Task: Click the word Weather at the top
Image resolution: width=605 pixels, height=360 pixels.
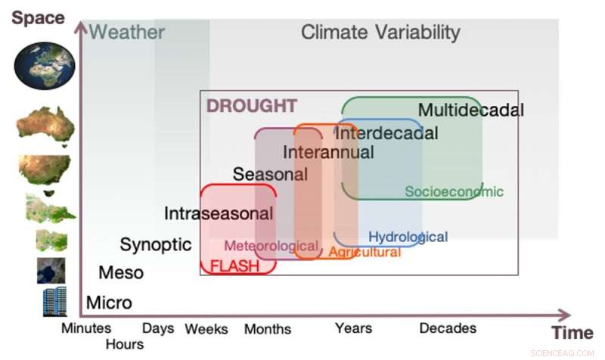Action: (127, 32)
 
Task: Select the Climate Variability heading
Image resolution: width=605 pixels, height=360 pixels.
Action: (380, 32)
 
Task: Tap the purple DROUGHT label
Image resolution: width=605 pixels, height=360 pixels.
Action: (252, 106)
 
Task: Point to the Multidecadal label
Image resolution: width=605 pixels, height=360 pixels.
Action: (470, 110)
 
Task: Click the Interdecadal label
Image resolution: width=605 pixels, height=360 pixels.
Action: (386, 133)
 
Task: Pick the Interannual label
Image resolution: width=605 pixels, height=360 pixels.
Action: (328, 152)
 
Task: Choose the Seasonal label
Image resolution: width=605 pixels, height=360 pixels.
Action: (270, 174)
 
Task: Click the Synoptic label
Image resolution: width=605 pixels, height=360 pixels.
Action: (156, 244)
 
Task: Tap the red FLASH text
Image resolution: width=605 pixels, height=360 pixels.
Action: (234, 266)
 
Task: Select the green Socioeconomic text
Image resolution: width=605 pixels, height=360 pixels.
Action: (454, 191)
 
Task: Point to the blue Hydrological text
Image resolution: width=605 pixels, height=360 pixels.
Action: (408, 237)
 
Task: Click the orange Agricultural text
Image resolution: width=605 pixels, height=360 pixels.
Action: (365, 252)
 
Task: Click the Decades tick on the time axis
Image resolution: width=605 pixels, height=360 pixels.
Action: (448, 328)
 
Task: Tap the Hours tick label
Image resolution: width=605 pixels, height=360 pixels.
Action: (125, 344)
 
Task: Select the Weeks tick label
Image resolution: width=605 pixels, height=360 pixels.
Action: (206, 329)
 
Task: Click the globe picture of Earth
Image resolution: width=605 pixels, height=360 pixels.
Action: (44, 65)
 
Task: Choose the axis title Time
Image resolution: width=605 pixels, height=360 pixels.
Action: (572, 334)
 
